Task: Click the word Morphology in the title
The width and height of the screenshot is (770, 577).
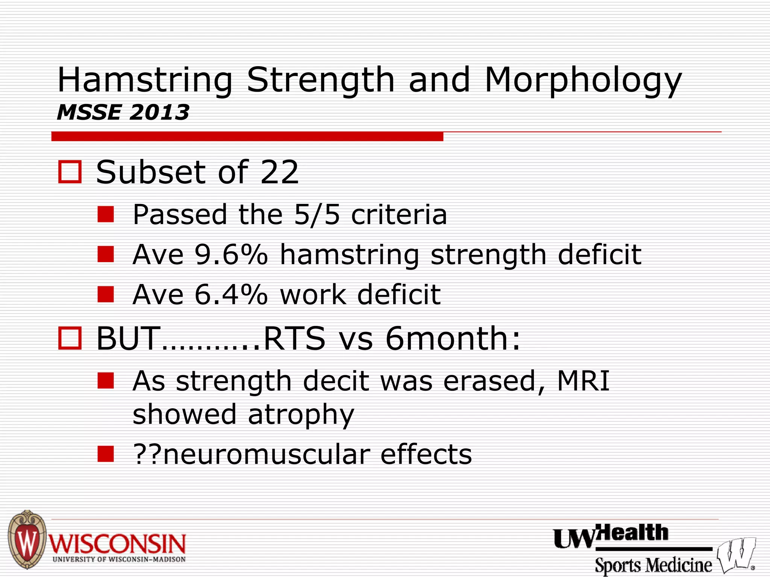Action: coord(583,81)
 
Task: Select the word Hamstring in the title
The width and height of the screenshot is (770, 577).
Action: coord(145,81)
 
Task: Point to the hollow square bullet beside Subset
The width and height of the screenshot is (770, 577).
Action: coord(70,172)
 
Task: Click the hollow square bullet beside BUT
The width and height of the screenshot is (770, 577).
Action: coord(70,338)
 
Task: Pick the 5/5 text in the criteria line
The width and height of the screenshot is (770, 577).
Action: coord(317,214)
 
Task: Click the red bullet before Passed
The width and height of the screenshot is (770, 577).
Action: coord(106,214)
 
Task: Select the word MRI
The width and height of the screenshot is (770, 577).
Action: coord(583,381)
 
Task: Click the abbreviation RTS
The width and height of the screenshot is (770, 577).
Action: coord(294,338)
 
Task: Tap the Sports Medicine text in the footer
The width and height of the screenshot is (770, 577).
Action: coord(653,565)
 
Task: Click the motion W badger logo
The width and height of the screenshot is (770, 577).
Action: coord(735,554)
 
